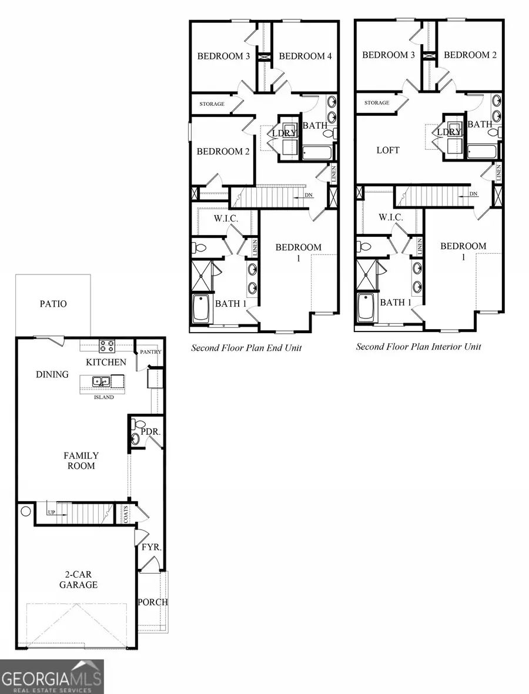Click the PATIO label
tap(53, 304)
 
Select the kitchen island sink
tap(100, 382)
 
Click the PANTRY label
tap(150, 352)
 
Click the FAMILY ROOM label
tap(81, 461)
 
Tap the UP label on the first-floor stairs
tap(52, 512)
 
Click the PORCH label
tap(152, 602)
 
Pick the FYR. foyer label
tap(151, 547)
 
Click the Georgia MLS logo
tap(52, 676)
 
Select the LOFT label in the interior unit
tap(388, 150)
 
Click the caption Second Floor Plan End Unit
tap(246, 348)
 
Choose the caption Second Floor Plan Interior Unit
tap(418, 347)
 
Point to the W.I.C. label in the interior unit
tap(390, 217)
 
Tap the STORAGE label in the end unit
tap(212, 104)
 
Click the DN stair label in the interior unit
tap(473, 195)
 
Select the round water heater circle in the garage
tap(25, 511)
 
